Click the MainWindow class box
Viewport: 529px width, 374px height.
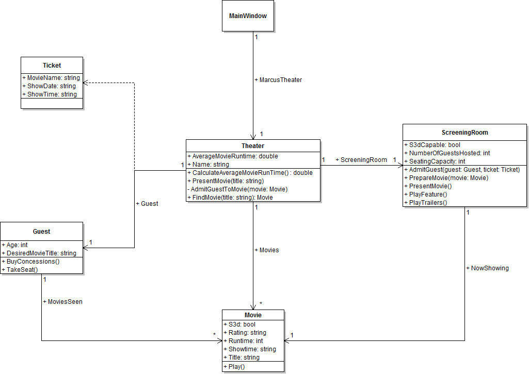(x=248, y=16)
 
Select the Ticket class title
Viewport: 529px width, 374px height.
(x=52, y=66)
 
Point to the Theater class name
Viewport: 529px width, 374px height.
(x=253, y=146)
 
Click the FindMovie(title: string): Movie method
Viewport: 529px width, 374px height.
(x=230, y=198)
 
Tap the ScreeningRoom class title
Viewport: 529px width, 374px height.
(x=464, y=133)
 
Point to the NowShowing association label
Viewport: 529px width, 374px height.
(x=490, y=268)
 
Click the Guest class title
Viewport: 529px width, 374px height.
(x=41, y=232)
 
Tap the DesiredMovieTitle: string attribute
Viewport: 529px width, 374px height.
(x=41, y=253)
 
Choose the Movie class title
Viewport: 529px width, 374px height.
(x=253, y=315)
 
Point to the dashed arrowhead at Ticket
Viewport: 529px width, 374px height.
(x=85, y=83)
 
